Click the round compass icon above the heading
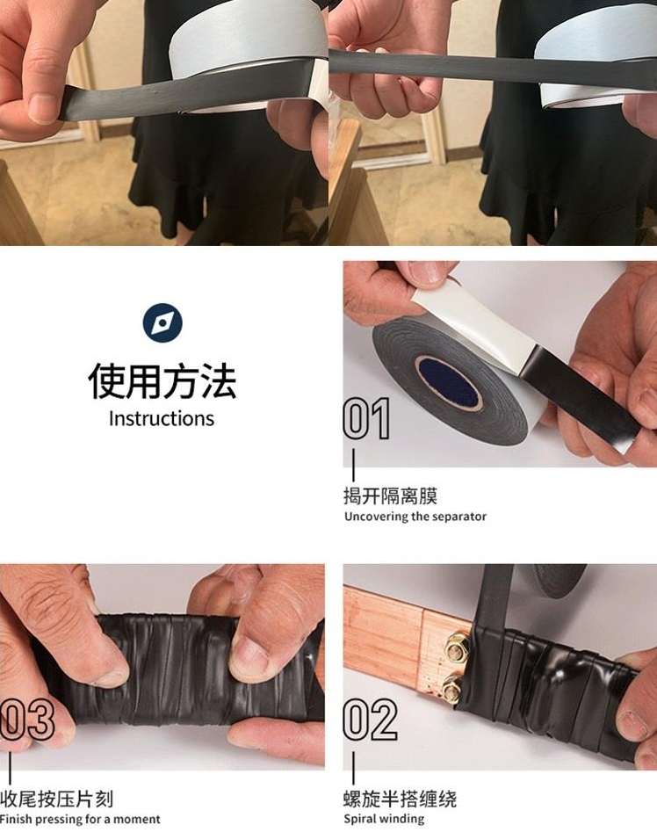pos(162,323)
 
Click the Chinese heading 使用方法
pos(162,381)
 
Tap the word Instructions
pos(162,419)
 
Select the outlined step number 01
pos(366,419)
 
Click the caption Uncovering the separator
pos(415,517)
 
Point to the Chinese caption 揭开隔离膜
pos(390,496)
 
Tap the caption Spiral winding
pos(384,819)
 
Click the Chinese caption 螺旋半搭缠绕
pos(400,799)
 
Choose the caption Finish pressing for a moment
pos(80,820)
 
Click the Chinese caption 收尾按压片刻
pos(57,799)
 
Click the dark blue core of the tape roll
pos(449,383)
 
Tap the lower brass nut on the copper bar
pos(451,688)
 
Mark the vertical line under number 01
pos(354,465)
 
